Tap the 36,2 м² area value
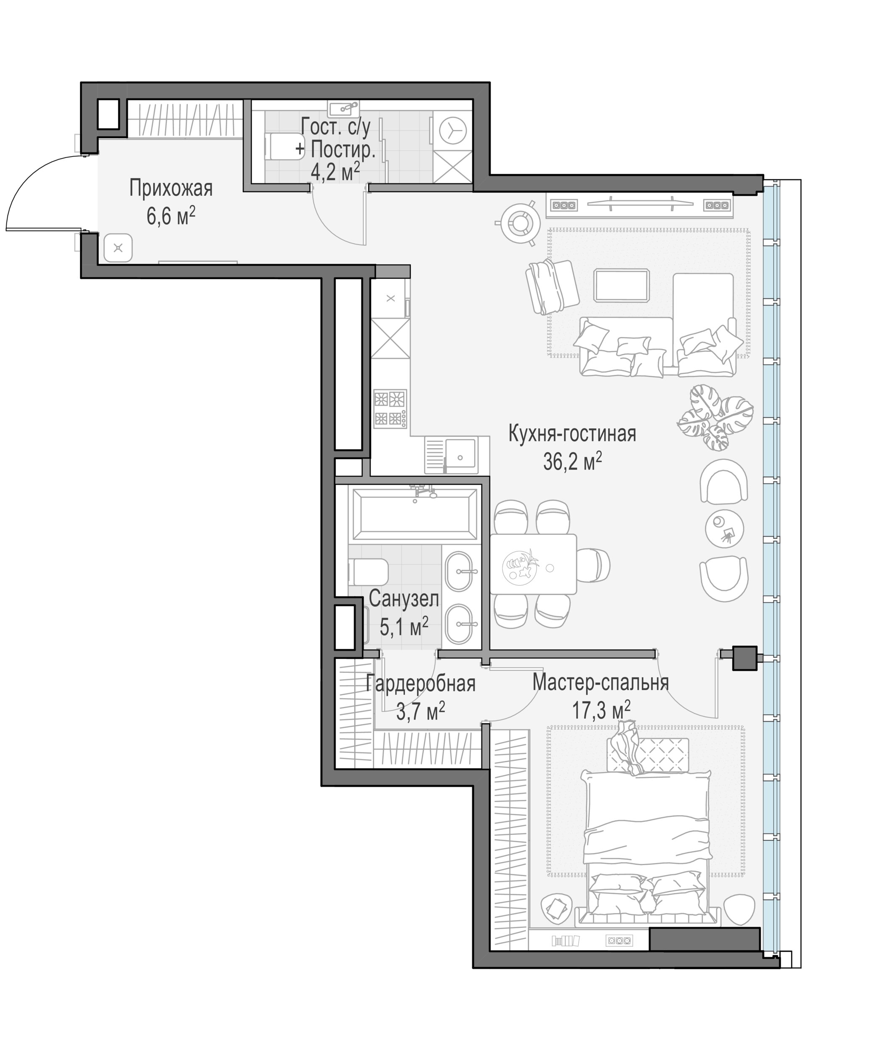pos(572,461)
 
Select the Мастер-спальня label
pos(601,683)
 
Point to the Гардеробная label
pos(420,684)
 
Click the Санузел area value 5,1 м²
pos(404,626)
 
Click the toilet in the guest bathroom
pos(284,146)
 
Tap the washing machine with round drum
pos(452,131)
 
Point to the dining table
pos(533,564)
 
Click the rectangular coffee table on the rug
pos(622,285)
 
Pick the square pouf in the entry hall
pos(118,248)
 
